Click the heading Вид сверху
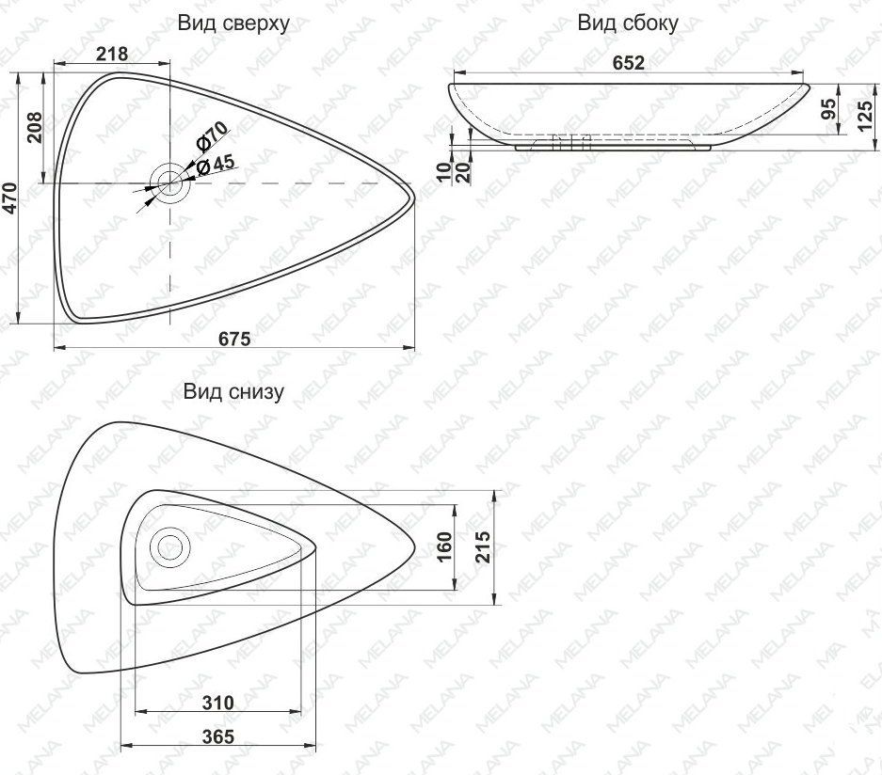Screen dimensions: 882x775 tap(233, 24)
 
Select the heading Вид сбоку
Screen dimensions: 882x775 tap(628, 23)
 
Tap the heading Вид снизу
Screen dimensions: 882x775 tap(233, 391)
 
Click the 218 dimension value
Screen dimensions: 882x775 tap(113, 54)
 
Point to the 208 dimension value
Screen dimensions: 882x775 tap(35, 127)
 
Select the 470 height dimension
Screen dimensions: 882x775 tap(10, 198)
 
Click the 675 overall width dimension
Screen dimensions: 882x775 tap(234, 340)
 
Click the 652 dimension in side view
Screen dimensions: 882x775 tap(628, 62)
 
